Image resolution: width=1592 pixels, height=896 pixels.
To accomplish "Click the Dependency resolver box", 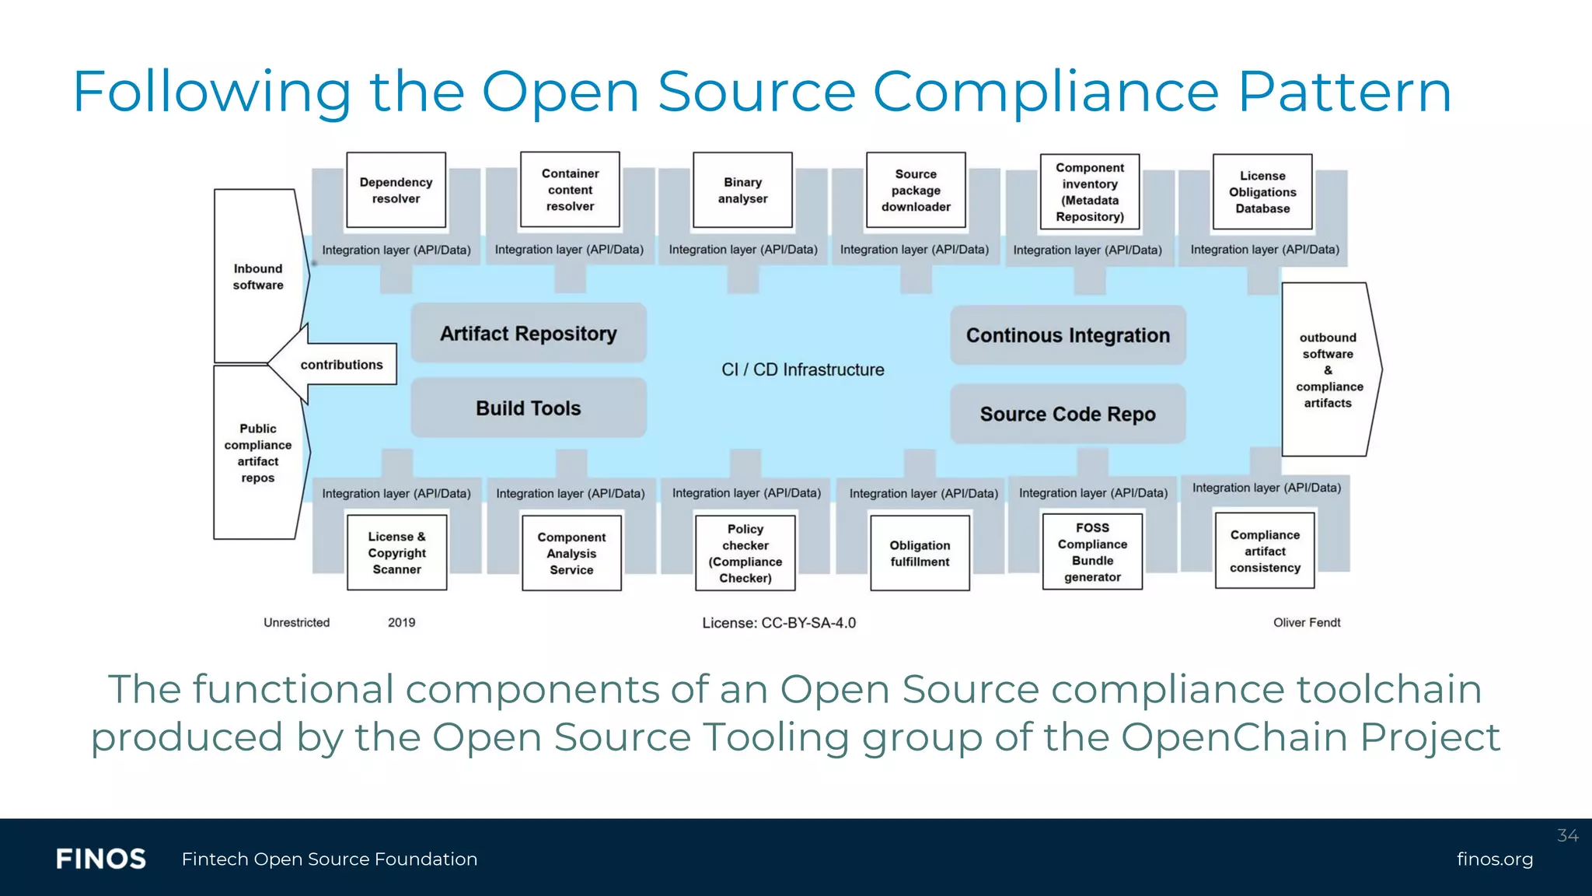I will (396, 190).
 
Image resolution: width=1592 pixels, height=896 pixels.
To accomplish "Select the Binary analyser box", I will (742, 190).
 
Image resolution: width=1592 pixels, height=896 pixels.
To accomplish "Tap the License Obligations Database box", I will (1262, 191).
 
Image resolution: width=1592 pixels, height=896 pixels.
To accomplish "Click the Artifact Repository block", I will (529, 333).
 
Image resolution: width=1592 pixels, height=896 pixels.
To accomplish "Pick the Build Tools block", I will (529, 408).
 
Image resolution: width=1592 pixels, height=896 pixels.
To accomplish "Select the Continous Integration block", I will (1067, 335).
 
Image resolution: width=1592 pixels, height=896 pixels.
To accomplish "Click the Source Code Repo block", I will (1067, 414).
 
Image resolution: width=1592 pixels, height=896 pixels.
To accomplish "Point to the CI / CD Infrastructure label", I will (802, 369).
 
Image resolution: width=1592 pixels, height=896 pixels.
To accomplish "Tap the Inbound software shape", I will (258, 276).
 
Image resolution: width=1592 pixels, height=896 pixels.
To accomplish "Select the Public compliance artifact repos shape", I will (258, 453).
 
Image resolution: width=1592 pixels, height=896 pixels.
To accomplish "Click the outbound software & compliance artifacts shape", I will (1328, 369).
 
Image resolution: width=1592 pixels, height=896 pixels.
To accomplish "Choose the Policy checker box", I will (745, 553).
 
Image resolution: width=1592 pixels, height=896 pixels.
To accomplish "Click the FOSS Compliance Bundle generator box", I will (1092, 551).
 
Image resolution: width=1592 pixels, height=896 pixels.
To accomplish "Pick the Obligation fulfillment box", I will (920, 553).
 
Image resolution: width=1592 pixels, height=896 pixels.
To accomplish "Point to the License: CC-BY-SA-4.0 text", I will (779, 623).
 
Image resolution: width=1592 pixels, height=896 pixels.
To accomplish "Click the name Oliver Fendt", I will (1307, 622).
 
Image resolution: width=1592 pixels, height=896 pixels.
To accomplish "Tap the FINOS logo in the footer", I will (101, 859).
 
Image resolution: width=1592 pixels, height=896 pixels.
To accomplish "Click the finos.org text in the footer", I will (1494, 859).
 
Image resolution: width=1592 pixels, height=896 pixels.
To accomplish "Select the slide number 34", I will (1567, 835).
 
